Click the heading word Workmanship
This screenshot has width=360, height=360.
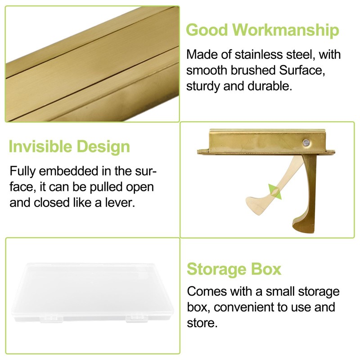(285, 30)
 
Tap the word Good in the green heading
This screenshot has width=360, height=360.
(207, 30)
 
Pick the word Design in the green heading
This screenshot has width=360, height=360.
(103, 147)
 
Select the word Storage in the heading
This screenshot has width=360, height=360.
(216, 269)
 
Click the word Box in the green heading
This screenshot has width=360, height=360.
(266, 269)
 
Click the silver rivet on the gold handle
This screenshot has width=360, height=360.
(306, 143)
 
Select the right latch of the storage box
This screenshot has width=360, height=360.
(137, 319)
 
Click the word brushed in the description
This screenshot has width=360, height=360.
(252, 70)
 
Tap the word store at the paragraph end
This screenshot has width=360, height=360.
(202, 323)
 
